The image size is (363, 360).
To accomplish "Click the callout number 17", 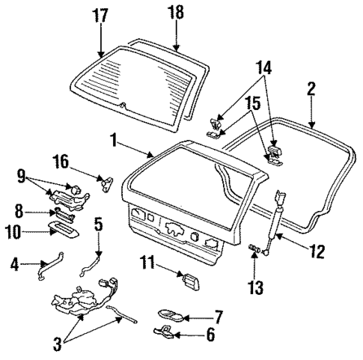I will tap(100, 15).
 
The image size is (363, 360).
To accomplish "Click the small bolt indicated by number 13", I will tap(254, 247).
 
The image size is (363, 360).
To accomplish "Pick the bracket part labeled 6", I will tap(165, 330).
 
